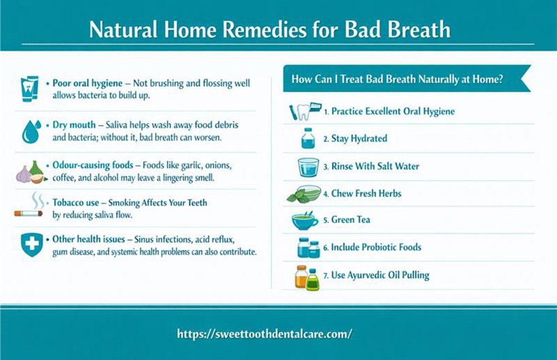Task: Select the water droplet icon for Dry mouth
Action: pyautogui.click(x=29, y=131)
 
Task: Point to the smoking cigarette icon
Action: pyautogui.click(x=29, y=207)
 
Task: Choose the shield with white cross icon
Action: pyautogui.click(x=29, y=245)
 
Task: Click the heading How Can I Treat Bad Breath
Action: pyautogui.click(x=397, y=79)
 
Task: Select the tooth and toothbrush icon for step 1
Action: pyautogui.click(x=304, y=111)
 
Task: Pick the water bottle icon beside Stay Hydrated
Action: pyautogui.click(x=308, y=138)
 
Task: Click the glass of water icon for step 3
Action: pyautogui.click(x=308, y=166)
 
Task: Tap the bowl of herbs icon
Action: pyautogui.click(x=304, y=194)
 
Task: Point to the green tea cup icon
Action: pyautogui.click(x=305, y=221)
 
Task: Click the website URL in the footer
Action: pyautogui.click(x=264, y=334)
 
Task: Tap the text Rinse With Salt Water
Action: pyautogui.click(x=375, y=166)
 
